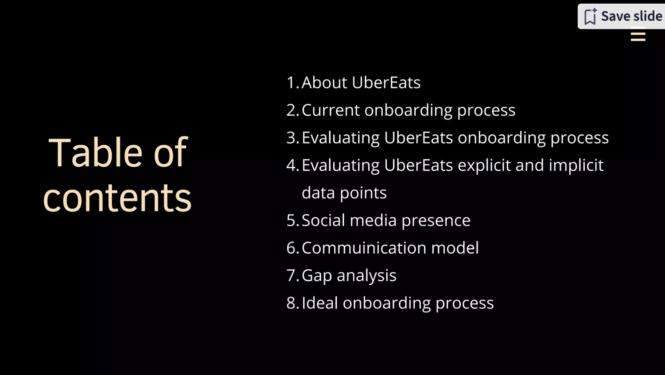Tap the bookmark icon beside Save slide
click(590, 17)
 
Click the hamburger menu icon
click(638, 36)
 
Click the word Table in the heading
click(95, 152)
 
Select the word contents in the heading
click(117, 198)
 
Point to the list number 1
click(291, 83)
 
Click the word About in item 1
click(324, 83)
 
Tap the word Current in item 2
click(331, 110)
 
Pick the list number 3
click(291, 138)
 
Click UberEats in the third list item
click(418, 138)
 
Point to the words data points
click(344, 193)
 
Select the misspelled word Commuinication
click(364, 248)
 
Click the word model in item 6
click(454, 248)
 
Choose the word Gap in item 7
click(317, 276)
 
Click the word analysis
click(366, 276)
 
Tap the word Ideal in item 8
click(320, 303)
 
